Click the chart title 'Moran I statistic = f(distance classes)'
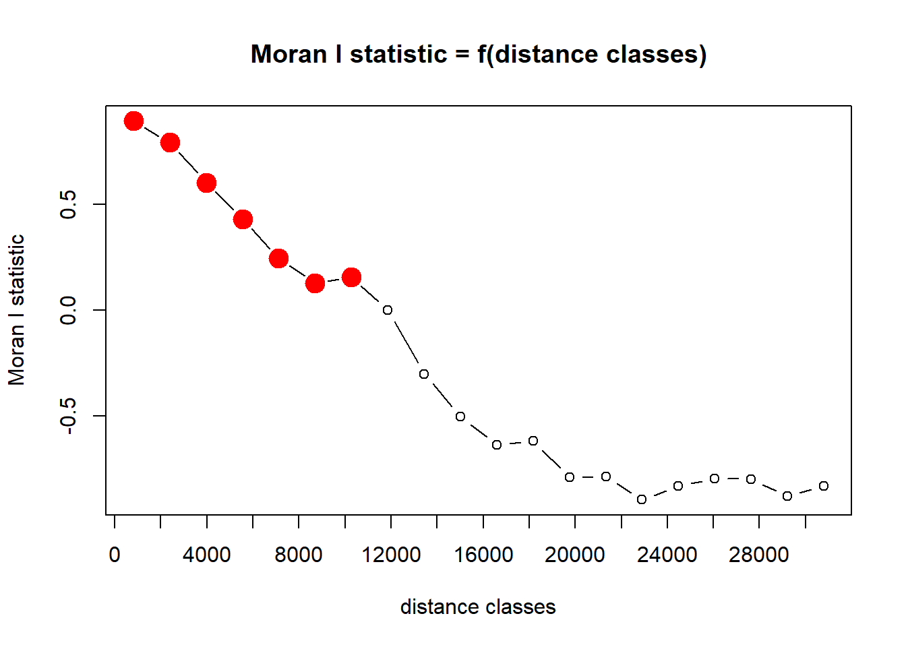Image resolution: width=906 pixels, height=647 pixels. tap(479, 55)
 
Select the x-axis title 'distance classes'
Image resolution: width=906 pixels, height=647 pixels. tap(477, 607)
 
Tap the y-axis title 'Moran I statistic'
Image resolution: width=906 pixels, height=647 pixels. tap(17, 309)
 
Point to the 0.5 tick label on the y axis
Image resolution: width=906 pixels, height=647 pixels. tap(68, 204)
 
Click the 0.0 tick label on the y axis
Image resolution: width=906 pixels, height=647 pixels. tap(68, 310)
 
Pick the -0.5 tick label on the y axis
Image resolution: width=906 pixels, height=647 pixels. tap(68, 416)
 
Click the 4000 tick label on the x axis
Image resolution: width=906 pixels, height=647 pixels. tap(206, 555)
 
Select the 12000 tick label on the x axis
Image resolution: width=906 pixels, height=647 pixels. tap(391, 555)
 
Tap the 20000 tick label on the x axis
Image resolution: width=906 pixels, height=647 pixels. tap(575, 555)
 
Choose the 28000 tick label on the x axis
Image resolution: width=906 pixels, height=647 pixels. tap(759, 555)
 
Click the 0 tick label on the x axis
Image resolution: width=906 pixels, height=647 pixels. tap(115, 555)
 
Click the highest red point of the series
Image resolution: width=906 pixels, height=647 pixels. tap(133, 121)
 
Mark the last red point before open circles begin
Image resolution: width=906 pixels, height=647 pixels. tap(351, 277)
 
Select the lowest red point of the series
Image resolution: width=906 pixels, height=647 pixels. tap(315, 283)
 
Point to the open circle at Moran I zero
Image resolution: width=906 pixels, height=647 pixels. tap(388, 310)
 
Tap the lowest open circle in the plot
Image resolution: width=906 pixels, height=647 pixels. tap(642, 499)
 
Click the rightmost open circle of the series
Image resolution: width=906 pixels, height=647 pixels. tap(824, 486)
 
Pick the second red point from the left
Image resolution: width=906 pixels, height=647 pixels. tap(170, 142)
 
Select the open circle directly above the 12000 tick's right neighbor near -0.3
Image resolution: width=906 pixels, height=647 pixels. tap(424, 374)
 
